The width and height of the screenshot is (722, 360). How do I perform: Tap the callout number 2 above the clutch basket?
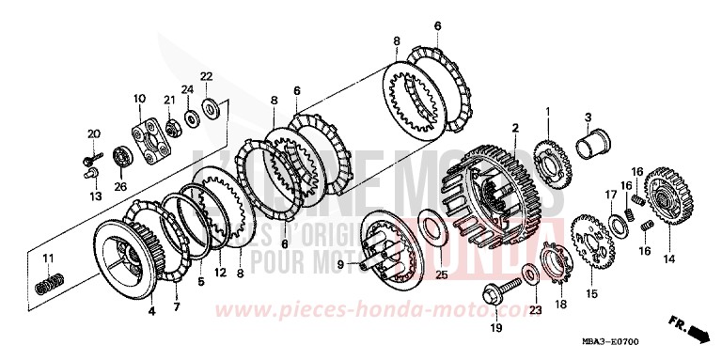[514, 127]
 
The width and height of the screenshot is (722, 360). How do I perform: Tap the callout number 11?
[48, 258]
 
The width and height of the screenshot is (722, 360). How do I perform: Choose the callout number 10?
[138, 98]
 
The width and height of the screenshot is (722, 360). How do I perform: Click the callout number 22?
[207, 76]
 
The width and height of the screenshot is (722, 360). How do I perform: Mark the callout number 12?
[220, 274]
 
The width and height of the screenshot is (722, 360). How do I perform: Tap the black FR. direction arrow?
[698, 331]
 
